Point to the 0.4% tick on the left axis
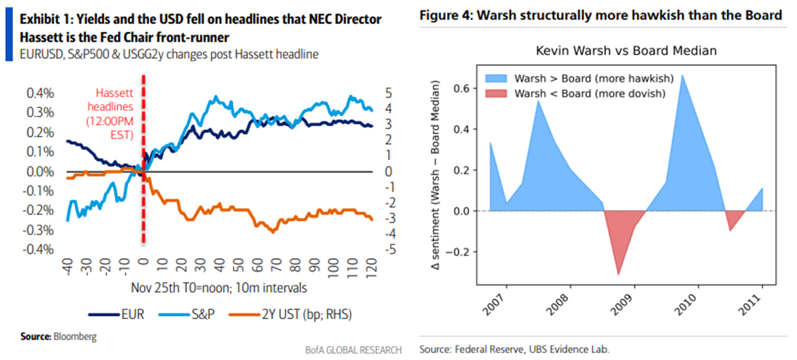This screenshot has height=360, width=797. pyautogui.click(x=40, y=93)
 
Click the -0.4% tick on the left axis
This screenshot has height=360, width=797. pyautogui.click(x=38, y=250)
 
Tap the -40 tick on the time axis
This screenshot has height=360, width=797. pyautogui.click(x=68, y=267)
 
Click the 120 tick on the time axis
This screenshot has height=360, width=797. pyautogui.click(x=370, y=267)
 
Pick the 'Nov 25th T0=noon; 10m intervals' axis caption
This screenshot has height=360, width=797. pyautogui.click(x=219, y=287)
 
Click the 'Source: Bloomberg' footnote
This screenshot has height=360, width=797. pyautogui.click(x=59, y=336)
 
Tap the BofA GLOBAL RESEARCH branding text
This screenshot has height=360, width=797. pyautogui.click(x=353, y=350)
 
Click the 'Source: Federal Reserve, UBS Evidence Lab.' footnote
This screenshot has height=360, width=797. pyautogui.click(x=514, y=350)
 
